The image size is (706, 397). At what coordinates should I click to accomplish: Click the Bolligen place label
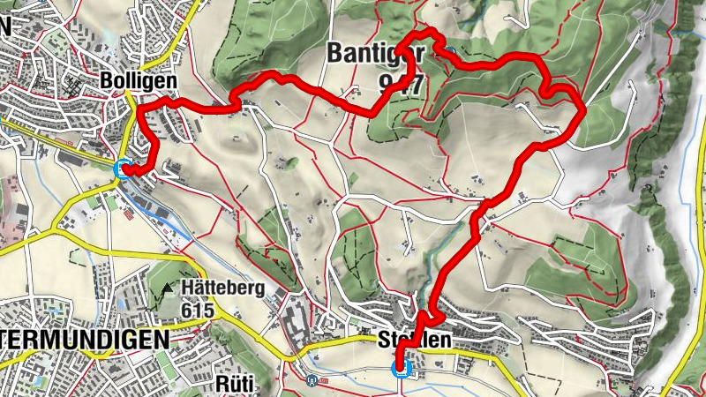pos(139,80)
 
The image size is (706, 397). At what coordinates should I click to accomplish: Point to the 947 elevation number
pos(399,84)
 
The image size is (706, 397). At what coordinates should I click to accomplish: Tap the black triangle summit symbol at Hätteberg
pos(168,288)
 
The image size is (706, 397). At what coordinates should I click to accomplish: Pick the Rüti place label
pos(234,384)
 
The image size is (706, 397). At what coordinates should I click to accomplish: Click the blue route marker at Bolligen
pos(123,169)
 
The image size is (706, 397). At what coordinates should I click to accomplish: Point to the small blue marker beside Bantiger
pos(451,52)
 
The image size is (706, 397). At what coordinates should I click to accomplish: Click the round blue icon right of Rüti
pos(312,381)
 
